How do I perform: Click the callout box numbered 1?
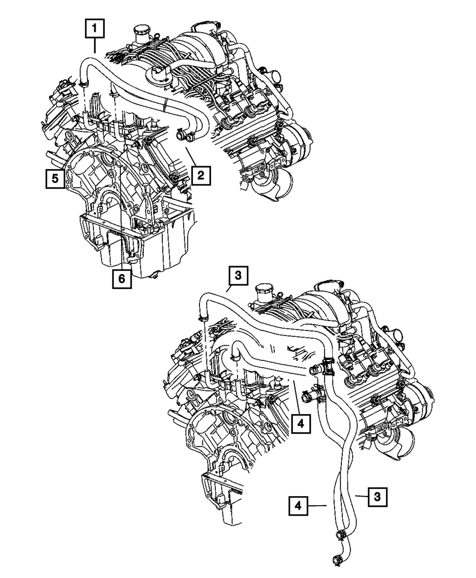pos(95,30)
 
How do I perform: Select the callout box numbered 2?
pos(200,176)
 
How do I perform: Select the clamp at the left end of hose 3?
pos(204,316)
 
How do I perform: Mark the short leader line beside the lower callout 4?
pos(317,504)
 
